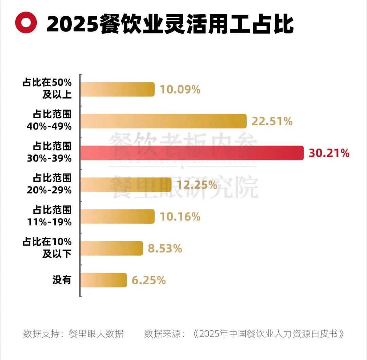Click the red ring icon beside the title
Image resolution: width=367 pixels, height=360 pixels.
point(26,23)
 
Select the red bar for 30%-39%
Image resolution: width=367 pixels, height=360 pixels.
point(192,153)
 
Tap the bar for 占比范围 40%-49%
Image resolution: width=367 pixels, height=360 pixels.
point(163,121)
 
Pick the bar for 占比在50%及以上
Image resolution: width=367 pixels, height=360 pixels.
point(118,89)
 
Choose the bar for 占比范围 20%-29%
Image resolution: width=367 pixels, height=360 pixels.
point(126,185)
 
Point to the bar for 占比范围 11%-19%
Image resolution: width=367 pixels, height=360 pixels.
point(118,217)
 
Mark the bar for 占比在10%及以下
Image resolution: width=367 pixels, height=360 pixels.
point(112,248)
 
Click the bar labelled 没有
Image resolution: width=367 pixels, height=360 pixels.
point(104,280)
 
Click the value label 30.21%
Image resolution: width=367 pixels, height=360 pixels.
point(329,153)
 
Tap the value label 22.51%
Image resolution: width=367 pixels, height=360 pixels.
point(272,121)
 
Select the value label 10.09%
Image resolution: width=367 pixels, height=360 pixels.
point(180,90)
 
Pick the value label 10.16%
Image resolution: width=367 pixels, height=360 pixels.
point(180,217)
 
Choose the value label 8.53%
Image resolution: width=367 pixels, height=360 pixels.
point(165,248)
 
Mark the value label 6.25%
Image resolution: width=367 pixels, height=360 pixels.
point(148,280)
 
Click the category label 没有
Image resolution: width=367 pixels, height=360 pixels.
point(62,280)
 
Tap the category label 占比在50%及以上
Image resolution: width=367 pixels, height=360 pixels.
point(47,88)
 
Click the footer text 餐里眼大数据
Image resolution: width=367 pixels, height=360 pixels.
point(96,333)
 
